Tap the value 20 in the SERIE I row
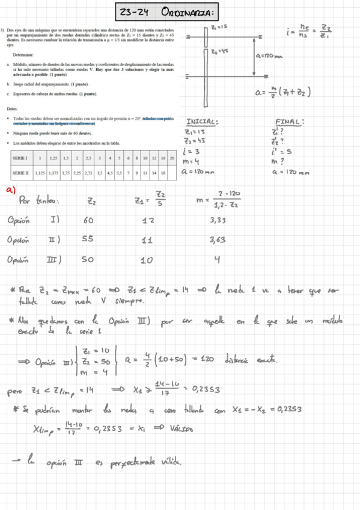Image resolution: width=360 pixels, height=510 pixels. coord(172,158)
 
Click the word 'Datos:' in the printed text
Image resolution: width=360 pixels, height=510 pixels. coord(12,108)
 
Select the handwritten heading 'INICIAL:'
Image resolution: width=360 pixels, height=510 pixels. coord(203,121)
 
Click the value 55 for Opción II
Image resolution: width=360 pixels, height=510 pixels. coord(88,240)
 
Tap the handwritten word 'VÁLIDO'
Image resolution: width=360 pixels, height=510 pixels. coord(180,429)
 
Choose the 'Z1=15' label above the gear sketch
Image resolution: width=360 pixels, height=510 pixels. coord(219,27)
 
